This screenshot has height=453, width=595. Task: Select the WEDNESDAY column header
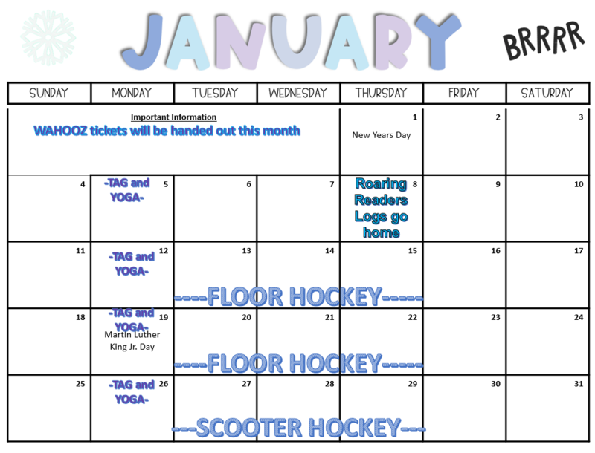coord(298,94)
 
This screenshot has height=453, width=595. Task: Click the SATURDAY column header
coord(547,94)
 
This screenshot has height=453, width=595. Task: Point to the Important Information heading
coord(173,117)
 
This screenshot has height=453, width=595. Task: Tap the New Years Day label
coord(381,135)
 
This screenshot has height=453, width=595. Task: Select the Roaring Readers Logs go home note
coord(381,208)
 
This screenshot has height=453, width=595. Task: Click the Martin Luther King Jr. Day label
coord(132,340)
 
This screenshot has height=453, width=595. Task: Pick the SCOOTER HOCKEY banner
coord(298,428)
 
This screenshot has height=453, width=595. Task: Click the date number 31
coord(579,384)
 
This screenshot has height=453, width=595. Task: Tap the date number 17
coord(579,251)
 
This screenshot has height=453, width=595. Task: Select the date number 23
coord(495,318)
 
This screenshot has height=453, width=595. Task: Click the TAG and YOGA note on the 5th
coord(126,190)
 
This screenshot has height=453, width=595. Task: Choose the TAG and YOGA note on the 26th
coord(132,392)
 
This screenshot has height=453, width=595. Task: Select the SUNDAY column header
coord(49,94)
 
